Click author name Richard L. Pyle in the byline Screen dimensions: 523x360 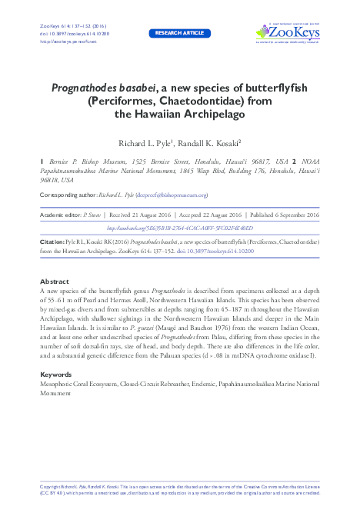click(148, 143)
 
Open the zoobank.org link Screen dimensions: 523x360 click(179, 228)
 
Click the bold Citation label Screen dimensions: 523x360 click(52, 242)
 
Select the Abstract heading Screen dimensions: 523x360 click(54, 281)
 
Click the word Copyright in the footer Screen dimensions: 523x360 click(48, 488)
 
